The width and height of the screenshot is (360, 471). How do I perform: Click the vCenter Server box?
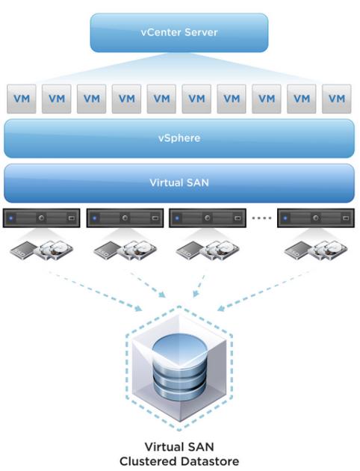[x=179, y=32]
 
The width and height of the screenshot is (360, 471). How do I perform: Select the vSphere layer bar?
[x=179, y=138]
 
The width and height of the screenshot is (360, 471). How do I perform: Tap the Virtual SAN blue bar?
[x=179, y=183]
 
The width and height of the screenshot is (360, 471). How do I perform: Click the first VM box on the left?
[x=22, y=99]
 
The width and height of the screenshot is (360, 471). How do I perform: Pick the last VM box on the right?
[x=337, y=99]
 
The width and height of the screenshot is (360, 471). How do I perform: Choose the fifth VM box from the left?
[x=161, y=99]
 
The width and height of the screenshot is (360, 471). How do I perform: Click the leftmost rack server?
[x=41, y=218]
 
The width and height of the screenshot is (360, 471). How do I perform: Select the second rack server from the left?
[x=125, y=218]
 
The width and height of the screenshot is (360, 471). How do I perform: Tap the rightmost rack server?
[x=316, y=218]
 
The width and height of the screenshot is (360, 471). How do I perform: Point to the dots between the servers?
[x=262, y=218]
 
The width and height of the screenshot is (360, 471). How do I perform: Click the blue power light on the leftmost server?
[x=11, y=218]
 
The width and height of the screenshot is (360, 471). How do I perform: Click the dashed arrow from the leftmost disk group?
[x=95, y=291]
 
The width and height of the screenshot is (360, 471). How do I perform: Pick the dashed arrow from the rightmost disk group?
[x=264, y=290]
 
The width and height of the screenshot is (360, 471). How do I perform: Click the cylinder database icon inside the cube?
[x=179, y=366]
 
